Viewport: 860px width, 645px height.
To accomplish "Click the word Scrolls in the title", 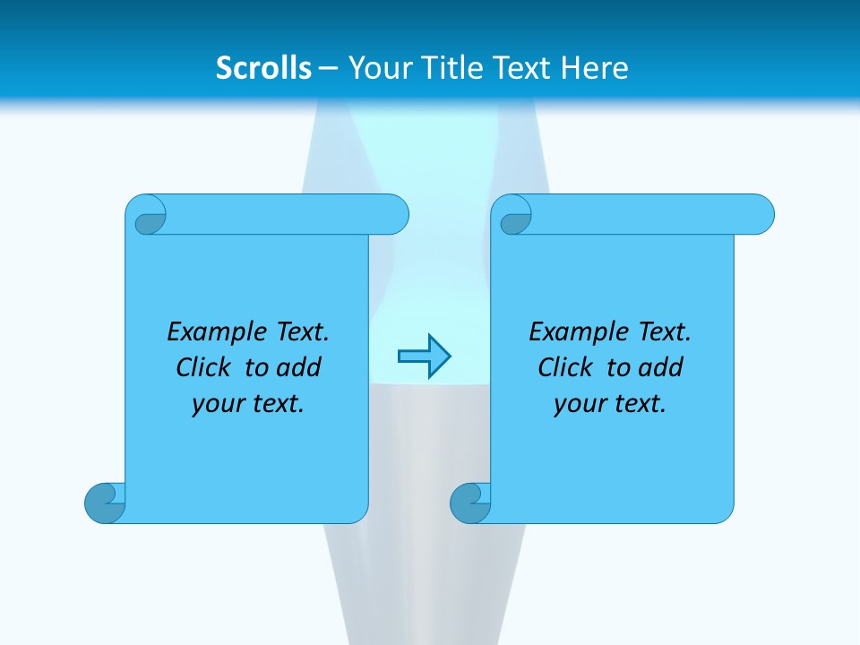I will tap(263, 68).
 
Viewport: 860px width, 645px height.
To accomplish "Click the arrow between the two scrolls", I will tap(424, 357).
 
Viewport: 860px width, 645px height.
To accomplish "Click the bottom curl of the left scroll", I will tap(106, 502).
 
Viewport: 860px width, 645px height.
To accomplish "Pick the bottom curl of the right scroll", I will tap(471, 502).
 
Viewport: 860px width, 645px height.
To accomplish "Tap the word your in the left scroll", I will tap(216, 404).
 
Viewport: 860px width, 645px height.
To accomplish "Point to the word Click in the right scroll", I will tap(564, 367).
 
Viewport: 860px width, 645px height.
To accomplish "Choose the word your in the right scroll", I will tap(578, 404).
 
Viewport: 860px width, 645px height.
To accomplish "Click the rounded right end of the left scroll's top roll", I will tap(394, 214).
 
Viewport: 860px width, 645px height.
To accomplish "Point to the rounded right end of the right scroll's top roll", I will tap(760, 214).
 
